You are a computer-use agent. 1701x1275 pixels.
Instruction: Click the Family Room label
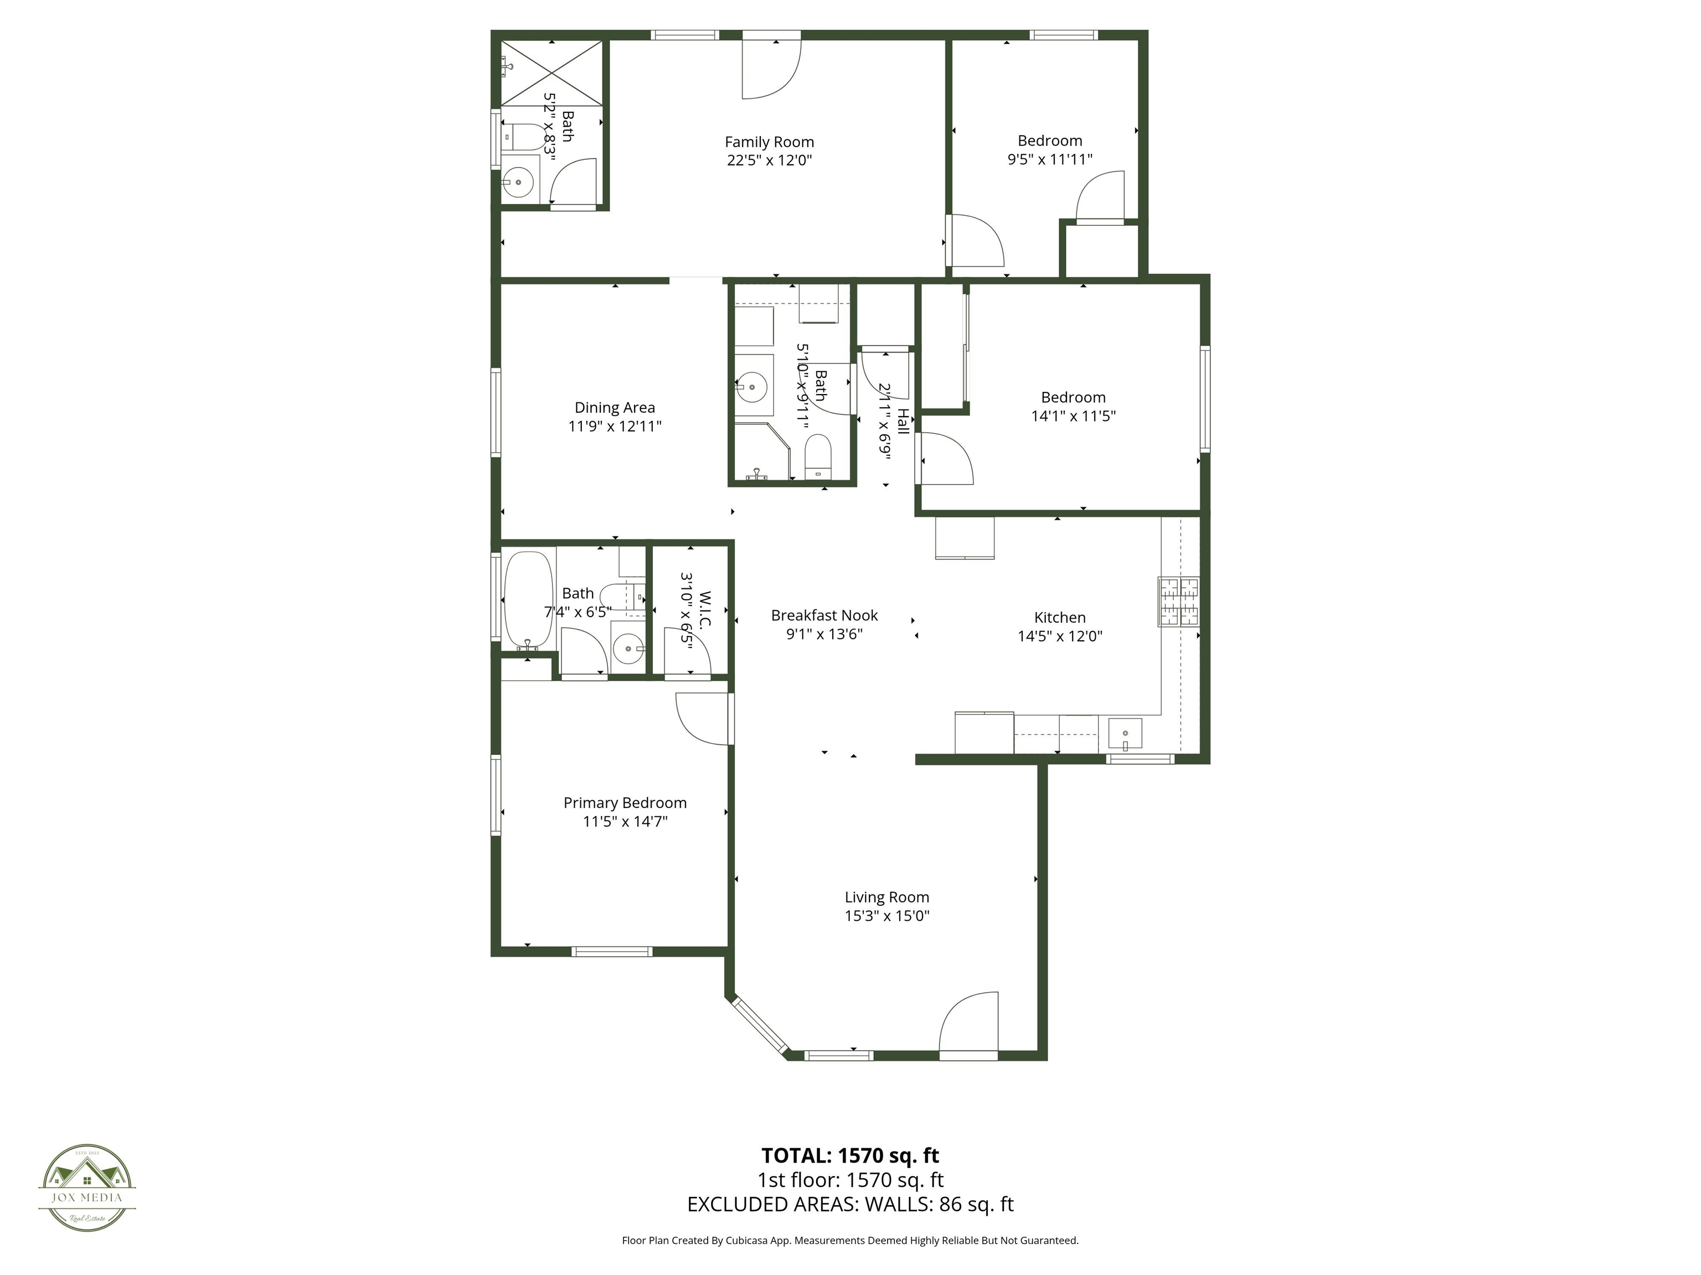[769, 142]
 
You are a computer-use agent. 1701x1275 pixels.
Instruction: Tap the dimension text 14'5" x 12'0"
[1060, 636]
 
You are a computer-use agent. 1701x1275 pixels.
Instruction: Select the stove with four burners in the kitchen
[1179, 601]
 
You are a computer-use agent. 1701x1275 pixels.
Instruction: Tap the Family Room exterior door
[771, 68]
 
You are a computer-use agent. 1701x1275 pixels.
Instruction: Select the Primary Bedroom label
[625, 803]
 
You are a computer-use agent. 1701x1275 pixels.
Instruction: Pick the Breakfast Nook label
[824, 615]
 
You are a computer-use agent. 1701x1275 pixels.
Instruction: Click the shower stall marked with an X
[551, 72]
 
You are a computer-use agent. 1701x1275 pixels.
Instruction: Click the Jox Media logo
[87, 1188]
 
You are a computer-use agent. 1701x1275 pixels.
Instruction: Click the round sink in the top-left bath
[518, 182]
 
